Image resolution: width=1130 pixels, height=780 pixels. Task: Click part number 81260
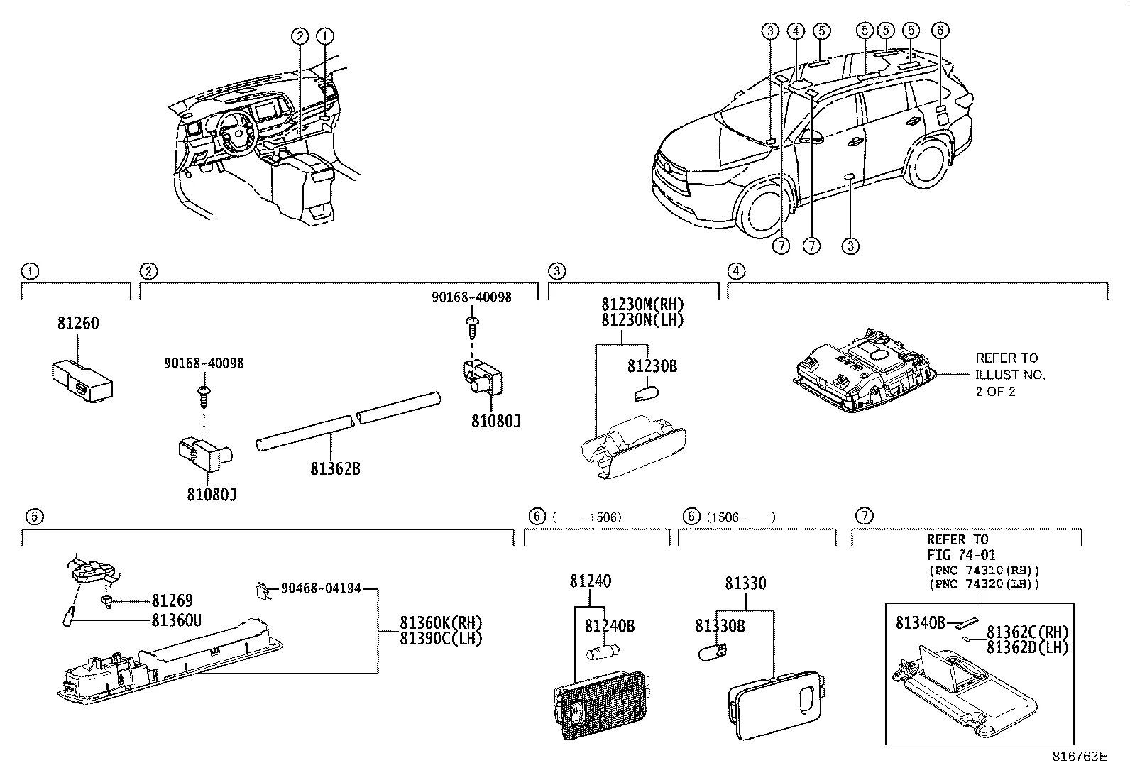coord(78,324)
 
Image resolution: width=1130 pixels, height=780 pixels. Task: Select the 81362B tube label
coord(336,468)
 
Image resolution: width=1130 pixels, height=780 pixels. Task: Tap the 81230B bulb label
coord(652,366)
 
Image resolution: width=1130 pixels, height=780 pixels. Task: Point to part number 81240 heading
coord(591,581)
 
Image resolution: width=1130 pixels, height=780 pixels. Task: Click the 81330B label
coord(720,626)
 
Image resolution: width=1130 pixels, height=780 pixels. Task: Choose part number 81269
coord(172,600)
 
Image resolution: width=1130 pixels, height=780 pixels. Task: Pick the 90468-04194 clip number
coord(321,589)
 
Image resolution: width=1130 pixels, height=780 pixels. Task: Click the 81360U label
coord(176,620)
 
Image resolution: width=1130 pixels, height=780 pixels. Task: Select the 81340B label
coord(920,623)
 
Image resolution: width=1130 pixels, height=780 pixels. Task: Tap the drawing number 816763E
coord(1080,757)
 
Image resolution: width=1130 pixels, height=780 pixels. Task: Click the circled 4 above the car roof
coord(796,31)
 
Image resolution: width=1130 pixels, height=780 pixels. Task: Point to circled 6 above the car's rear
coord(940,31)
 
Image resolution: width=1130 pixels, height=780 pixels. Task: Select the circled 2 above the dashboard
coord(300,35)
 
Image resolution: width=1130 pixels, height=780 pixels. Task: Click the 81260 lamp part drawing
coord(83,381)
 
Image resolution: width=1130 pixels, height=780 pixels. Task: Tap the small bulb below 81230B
coord(646,393)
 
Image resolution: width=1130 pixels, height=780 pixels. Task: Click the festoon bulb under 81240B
coord(603,652)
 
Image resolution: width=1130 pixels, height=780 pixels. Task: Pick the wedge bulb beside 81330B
coord(713,652)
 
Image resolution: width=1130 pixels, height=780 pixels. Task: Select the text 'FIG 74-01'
coord(961,555)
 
